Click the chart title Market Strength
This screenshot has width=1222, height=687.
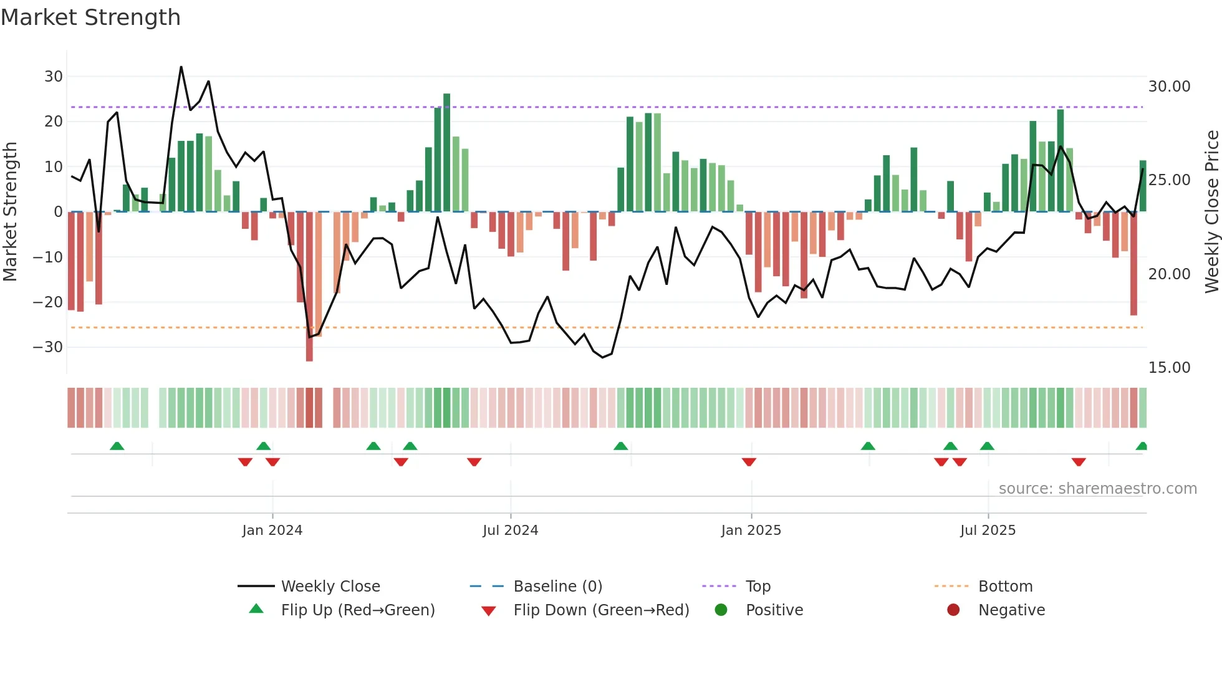click(90, 17)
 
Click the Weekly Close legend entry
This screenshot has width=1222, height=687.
click(330, 587)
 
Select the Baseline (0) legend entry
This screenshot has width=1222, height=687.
click(557, 587)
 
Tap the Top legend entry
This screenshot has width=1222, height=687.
click(758, 587)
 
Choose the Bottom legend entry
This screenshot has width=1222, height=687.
click(1005, 587)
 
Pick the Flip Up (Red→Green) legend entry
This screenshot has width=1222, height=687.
click(357, 610)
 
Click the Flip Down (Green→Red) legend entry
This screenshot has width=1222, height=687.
click(601, 610)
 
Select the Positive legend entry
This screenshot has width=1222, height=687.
click(774, 610)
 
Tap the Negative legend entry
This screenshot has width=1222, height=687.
click(1011, 610)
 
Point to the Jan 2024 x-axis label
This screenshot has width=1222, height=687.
click(272, 531)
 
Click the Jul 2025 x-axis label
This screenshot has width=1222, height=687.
click(988, 531)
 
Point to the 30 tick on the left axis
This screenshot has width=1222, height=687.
click(54, 77)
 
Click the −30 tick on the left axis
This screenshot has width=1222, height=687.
click(48, 347)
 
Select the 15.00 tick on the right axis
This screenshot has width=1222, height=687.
click(1169, 368)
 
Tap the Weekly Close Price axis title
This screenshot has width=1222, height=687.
click(1211, 212)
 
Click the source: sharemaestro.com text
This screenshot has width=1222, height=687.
click(1097, 489)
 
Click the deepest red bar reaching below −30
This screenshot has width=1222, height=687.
click(309, 287)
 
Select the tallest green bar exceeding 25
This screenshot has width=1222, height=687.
click(446, 153)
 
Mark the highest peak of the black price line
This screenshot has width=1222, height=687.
click(181, 67)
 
